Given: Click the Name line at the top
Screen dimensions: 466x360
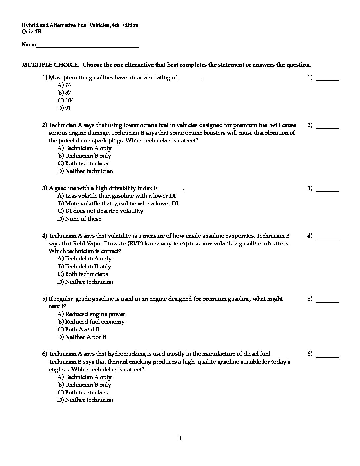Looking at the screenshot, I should tap(87, 46).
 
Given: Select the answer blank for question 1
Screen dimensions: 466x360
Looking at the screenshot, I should tap(328, 79).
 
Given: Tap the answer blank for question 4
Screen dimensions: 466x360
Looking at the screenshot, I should tap(328, 237).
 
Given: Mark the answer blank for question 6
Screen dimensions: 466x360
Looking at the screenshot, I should tap(328, 355).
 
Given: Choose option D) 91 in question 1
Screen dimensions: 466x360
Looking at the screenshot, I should tap(64, 108).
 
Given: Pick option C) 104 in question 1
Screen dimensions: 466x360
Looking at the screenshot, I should tap(66, 100).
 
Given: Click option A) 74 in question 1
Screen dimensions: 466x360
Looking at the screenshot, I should tap(64, 85).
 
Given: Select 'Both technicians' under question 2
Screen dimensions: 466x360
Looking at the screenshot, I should tap(83, 163).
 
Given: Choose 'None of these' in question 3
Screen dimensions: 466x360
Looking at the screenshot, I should tap(79, 219).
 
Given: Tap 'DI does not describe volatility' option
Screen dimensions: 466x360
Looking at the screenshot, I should tap(100, 211).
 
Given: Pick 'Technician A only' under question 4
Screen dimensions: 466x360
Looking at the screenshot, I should tap(84, 258).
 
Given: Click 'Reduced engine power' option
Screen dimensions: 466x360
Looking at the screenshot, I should tap(91, 314).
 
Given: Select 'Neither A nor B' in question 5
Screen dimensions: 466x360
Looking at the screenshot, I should tap(82, 337).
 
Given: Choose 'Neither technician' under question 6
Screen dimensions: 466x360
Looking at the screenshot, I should tap(85, 400).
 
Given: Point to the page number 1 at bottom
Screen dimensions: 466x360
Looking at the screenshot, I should tap(180, 439).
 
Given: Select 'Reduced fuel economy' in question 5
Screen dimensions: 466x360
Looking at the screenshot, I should tap(91, 322).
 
